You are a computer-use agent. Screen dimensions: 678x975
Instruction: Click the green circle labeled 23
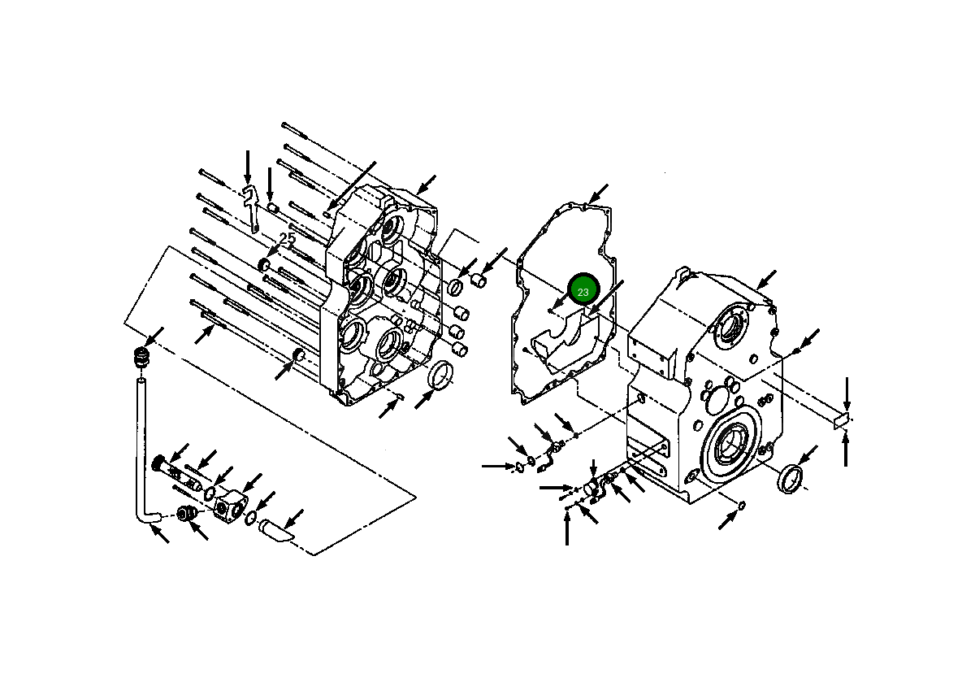pos(583,289)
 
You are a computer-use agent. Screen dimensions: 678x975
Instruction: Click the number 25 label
pos(288,239)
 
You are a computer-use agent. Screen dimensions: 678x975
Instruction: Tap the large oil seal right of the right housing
pos(792,478)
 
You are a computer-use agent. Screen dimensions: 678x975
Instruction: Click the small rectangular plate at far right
pos(841,420)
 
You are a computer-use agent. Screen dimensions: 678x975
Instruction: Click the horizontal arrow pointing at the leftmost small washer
pos(496,466)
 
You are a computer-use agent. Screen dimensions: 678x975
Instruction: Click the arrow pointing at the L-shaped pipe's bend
pos(160,534)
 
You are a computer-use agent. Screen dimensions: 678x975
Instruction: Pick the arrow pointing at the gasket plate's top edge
pos(599,193)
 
